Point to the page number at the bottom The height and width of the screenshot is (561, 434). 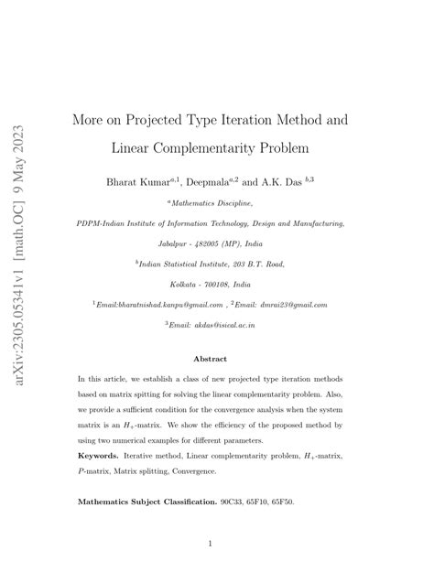[x=211, y=543]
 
